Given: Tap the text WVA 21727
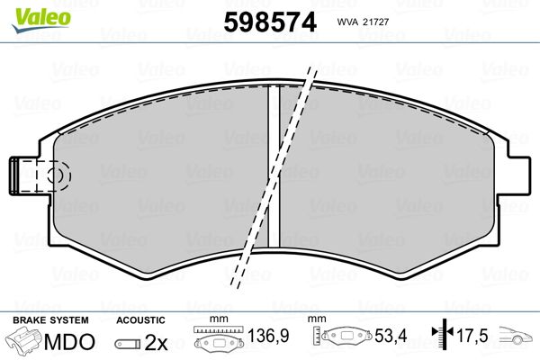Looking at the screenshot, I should [363, 22].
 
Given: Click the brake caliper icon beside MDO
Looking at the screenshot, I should [27, 343].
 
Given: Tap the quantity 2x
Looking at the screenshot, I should [157, 343].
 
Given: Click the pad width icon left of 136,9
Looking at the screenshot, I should [218, 342].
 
